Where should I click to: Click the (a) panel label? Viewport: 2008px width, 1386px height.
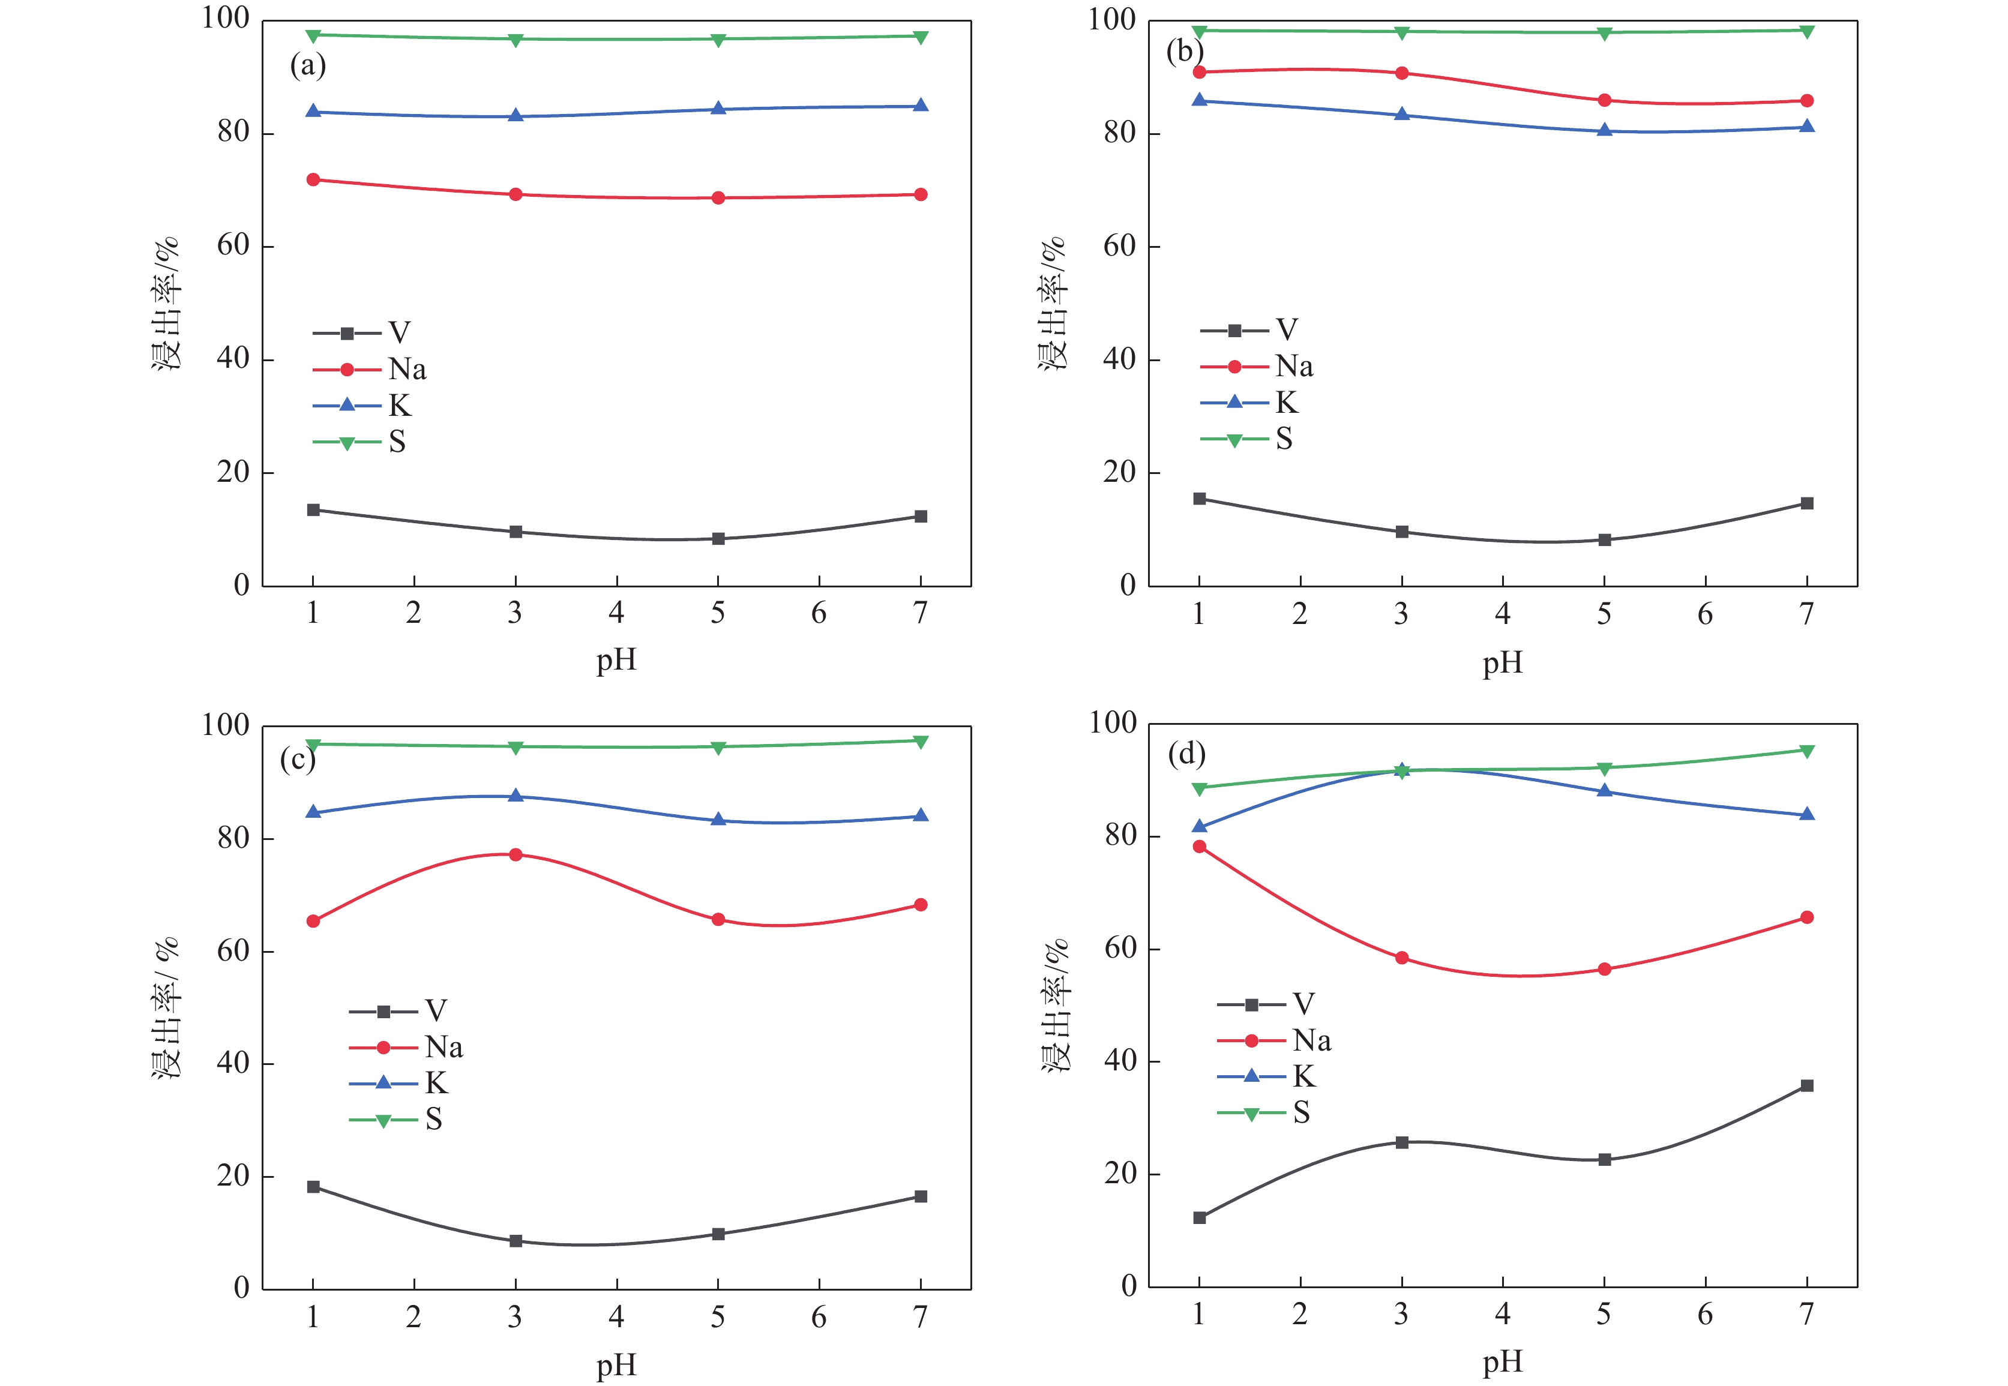pyautogui.click(x=307, y=66)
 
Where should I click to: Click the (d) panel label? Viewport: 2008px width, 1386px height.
pyautogui.click(x=1186, y=754)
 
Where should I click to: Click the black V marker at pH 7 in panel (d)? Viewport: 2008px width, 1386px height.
pyautogui.click(x=1806, y=1085)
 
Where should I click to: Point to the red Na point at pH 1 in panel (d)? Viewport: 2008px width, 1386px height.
pyautogui.click(x=1200, y=847)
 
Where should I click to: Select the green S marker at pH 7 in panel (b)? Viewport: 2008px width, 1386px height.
pyautogui.click(x=1806, y=31)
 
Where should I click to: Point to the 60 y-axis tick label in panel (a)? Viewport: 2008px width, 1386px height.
pyautogui.click(x=233, y=246)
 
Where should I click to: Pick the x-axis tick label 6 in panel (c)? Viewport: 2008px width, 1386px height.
pyautogui.click(x=819, y=1318)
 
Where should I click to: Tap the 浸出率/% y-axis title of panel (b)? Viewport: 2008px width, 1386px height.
pyautogui.click(x=1053, y=304)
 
